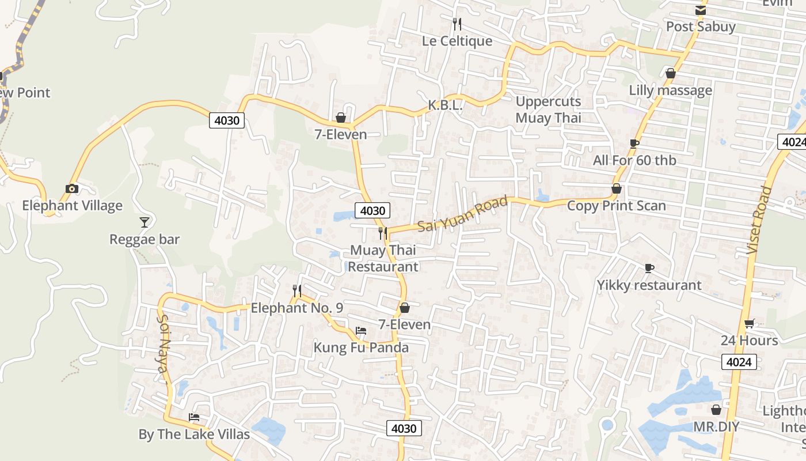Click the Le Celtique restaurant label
tap(457, 41)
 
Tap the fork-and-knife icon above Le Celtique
tap(457, 24)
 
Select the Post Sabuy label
tap(701, 27)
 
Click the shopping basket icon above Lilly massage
tap(670, 73)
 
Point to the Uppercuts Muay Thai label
tap(548, 109)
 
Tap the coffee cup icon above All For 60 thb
tap(634, 143)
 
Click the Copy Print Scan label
tap(616, 206)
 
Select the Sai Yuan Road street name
tap(463, 214)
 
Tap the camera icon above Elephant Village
tap(72, 188)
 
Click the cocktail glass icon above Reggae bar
tap(145, 222)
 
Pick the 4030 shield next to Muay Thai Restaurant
tap(372, 211)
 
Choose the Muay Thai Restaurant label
tap(383, 259)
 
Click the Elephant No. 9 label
tap(296, 308)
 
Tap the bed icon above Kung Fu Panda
tap(361, 331)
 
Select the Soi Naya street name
tap(164, 349)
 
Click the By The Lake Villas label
tap(194, 434)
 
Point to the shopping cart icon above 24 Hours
tap(749, 323)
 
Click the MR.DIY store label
tap(716, 427)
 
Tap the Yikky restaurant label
tap(649, 285)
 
